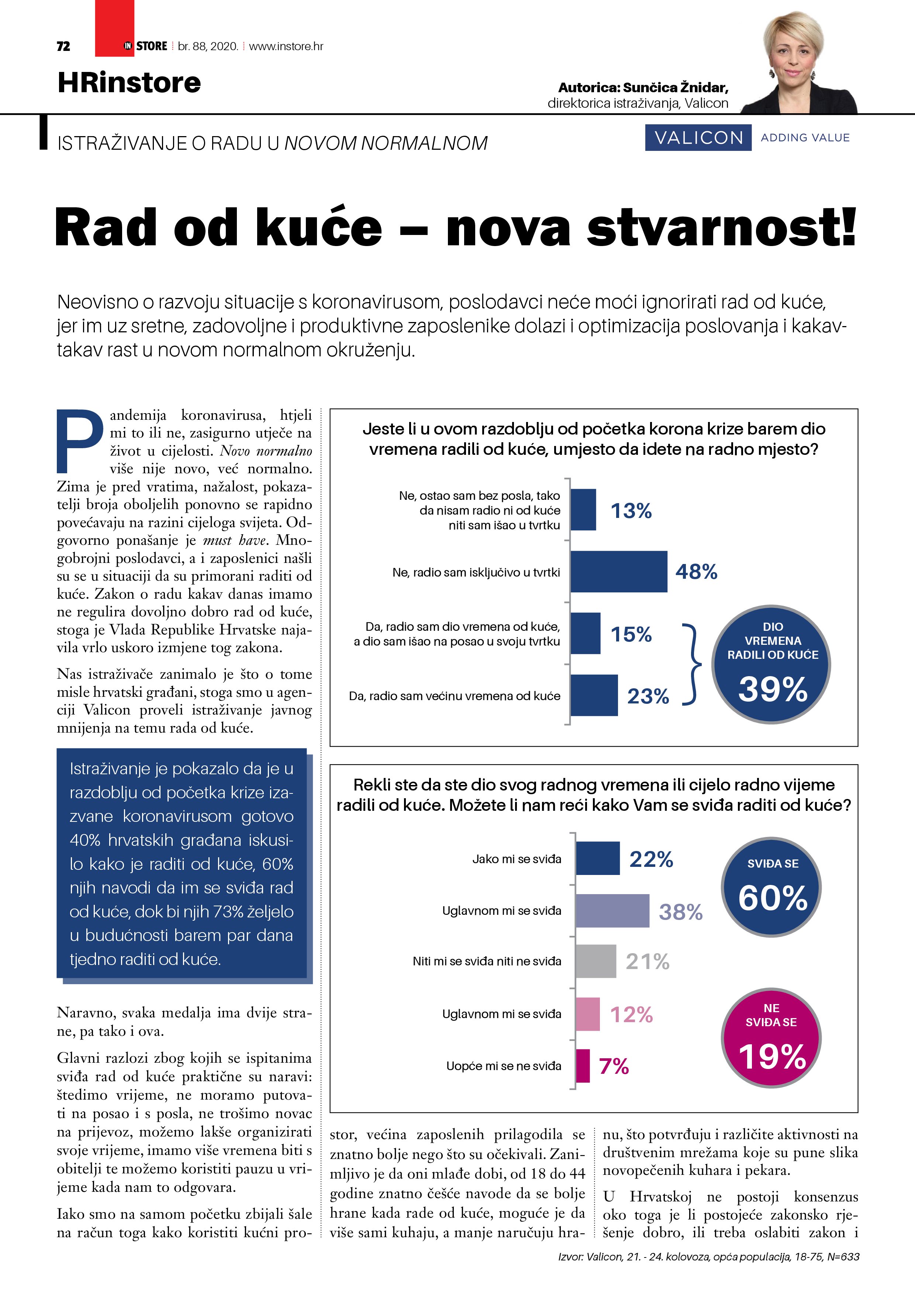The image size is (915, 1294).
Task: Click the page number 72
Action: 63,46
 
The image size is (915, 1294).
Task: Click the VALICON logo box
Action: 698,138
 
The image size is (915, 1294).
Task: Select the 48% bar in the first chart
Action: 618,571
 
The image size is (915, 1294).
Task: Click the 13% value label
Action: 631,511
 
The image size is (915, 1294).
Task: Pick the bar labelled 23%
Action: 594,695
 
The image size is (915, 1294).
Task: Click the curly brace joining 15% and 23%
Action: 692,664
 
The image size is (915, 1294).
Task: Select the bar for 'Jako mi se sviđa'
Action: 597,858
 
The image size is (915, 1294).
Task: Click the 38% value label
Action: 680,912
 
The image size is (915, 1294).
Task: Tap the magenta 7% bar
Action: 582,1066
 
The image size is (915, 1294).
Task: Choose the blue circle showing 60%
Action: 771,887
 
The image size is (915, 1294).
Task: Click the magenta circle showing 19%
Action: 771,1038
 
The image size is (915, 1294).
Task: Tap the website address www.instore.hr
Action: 286,46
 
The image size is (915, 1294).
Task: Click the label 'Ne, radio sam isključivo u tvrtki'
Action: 476,572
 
